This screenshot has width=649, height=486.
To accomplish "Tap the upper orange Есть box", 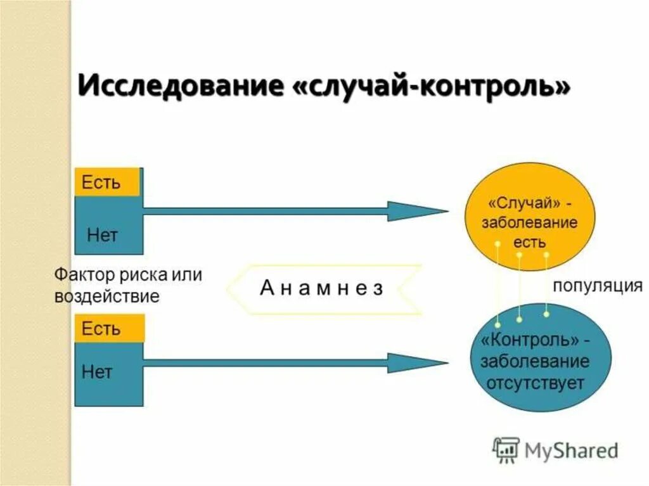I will [x=106, y=182].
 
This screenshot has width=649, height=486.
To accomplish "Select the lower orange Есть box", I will [x=109, y=329].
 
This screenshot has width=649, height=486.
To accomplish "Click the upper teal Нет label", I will [x=103, y=235].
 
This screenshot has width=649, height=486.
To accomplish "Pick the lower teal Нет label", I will [x=97, y=371].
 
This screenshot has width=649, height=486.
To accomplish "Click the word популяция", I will [x=598, y=285].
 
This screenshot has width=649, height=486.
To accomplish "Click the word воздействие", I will [x=107, y=296].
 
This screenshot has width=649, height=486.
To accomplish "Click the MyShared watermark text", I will [x=570, y=451].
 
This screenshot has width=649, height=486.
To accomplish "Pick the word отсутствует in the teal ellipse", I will [x=535, y=383].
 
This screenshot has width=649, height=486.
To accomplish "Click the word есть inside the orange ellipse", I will [x=530, y=242].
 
